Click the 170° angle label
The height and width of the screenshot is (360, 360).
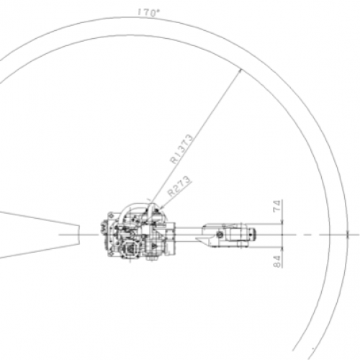click(x=148, y=12)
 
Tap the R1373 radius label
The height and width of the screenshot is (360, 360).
click(x=181, y=149)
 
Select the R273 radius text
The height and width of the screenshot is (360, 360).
click(x=179, y=186)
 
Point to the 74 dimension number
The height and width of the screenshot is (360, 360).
click(x=276, y=205)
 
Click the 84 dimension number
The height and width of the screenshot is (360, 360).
click(x=276, y=261)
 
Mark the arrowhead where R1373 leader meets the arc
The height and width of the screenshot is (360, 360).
click(x=239, y=71)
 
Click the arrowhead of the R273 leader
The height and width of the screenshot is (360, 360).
click(x=161, y=207)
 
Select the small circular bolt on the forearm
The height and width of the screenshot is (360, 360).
click(x=219, y=234)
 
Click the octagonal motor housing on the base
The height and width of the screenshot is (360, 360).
click(x=130, y=249)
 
